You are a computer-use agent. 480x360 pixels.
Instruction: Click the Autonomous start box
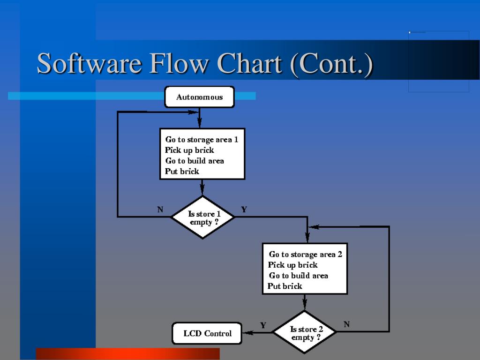(x=199, y=97)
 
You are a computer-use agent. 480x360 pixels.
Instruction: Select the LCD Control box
(x=207, y=333)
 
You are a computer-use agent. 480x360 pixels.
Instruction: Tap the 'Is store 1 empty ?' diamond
(x=202, y=217)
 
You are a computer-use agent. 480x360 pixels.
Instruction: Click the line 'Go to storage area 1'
(x=202, y=139)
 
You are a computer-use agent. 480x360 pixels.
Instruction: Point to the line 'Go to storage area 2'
(x=305, y=254)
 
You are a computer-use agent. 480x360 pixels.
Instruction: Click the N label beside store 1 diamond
(x=160, y=210)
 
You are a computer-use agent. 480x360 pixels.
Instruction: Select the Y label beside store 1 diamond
(x=244, y=210)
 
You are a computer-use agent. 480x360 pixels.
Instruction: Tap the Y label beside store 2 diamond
(x=263, y=325)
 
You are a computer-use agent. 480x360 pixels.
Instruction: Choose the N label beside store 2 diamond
(x=346, y=324)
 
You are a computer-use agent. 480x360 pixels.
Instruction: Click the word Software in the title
(x=89, y=63)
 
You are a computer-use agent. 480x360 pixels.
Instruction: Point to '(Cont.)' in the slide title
(x=331, y=63)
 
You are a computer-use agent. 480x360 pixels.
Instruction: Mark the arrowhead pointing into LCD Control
(x=247, y=333)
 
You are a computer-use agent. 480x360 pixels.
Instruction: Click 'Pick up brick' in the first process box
(x=189, y=150)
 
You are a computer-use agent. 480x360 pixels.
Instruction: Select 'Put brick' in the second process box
(x=285, y=286)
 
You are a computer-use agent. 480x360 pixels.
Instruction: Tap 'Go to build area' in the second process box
(x=298, y=276)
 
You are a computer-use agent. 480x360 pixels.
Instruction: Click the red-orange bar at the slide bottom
(x=127, y=353)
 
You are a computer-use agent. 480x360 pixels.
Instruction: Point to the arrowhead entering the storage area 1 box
(x=200, y=124)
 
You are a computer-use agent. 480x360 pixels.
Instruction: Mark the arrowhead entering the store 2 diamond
(x=305, y=305)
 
